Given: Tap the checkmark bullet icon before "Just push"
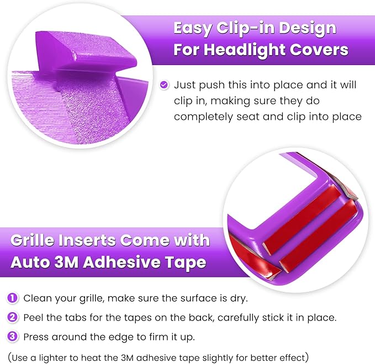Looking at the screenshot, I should (x=164, y=85).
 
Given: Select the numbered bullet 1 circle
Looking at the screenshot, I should (x=13, y=298).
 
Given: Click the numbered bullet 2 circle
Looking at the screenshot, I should (x=13, y=317).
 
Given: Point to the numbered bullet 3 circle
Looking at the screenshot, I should (x=13, y=336).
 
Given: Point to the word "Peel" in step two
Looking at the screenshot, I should (x=34, y=317).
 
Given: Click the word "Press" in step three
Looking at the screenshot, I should (x=37, y=336).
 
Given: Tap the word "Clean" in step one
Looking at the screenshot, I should (x=37, y=298).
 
